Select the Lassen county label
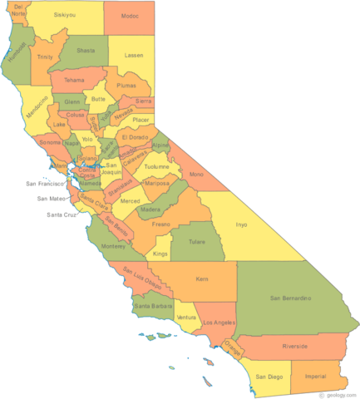[x=133, y=55]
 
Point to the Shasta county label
[x=86, y=50]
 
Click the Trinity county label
[x=45, y=57]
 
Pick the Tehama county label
[x=75, y=80]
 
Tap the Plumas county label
[x=127, y=85]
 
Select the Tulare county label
[x=197, y=243]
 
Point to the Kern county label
[x=202, y=280]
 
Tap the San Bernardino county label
[x=290, y=297]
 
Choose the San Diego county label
[x=269, y=376]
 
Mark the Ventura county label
[x=186, y=318]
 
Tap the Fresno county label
[x=161, y=225]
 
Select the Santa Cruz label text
[x=62, y=214]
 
